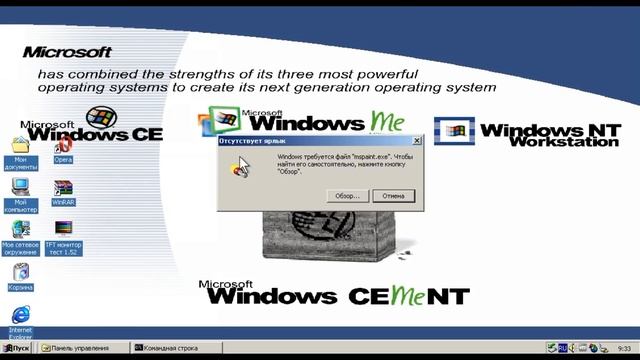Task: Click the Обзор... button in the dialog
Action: tap(347, 196)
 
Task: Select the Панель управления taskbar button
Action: tap(84, 348)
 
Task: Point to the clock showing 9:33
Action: tap(625, 348)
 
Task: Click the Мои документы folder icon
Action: tap(20, 147)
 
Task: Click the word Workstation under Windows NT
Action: tap(564, 142)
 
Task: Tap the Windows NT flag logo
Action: tap(453, 131)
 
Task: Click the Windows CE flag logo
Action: tap(100, 117)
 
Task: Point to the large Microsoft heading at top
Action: tap(67, 51)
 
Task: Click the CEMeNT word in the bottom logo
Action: tap(409, 296)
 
